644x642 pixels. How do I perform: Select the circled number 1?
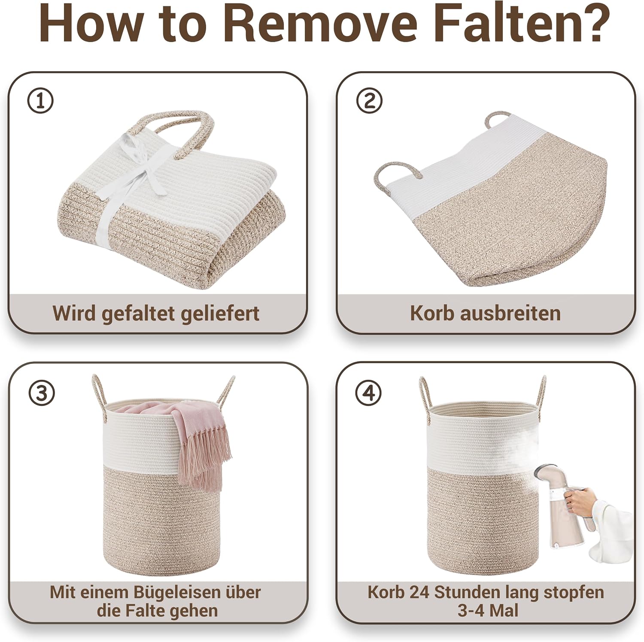point(40,101)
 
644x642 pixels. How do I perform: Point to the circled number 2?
point(369,101)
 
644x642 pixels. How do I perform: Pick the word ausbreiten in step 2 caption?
point(510,313)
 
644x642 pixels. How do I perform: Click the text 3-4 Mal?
point(488,611)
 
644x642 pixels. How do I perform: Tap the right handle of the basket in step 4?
point(541,393)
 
